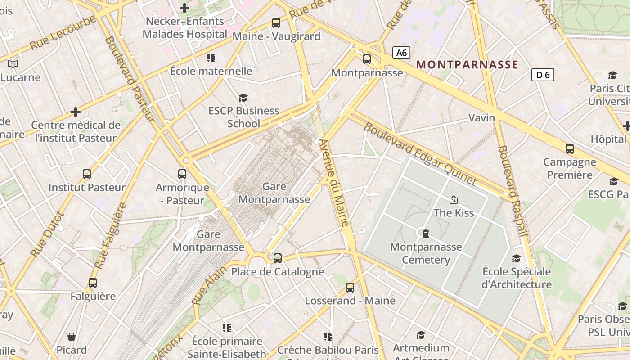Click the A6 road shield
[x=401, y=53]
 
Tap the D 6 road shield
[x=543, y=75]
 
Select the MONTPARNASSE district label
[x=467, y=64]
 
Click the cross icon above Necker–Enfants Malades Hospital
[x=184, y=8]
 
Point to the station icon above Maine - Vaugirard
[x=276, y=23]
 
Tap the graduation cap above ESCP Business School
[x=243, y=98]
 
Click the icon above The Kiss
[x=454, y=200]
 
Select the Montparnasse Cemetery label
[x=426, y=253]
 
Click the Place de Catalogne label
[x=278, y=272]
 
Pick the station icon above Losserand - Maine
[x=350, y=288]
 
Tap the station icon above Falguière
[x=93, y=283]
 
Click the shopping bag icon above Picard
[x=72, y=337]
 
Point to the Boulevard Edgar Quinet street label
[x=419, y=153]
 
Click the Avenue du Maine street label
[x=334, y=182]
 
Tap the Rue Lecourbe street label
[x=63, y=33]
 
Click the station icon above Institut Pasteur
[x=87, y=174]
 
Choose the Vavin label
[x=481, y=118]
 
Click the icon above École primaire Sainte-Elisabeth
[x=227, y=328]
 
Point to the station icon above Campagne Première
[x=570, y=149]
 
